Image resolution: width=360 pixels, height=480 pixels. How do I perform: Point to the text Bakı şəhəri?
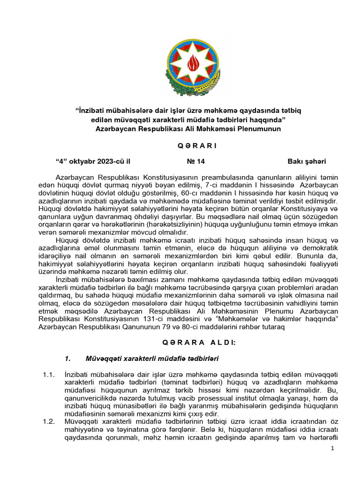tap(307, 162)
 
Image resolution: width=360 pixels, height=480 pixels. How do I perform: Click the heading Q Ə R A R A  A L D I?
tap(199, 343)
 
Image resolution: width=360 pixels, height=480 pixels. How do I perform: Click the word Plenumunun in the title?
tap(262, 128)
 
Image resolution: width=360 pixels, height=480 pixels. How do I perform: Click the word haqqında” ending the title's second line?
tap(268, 120)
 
